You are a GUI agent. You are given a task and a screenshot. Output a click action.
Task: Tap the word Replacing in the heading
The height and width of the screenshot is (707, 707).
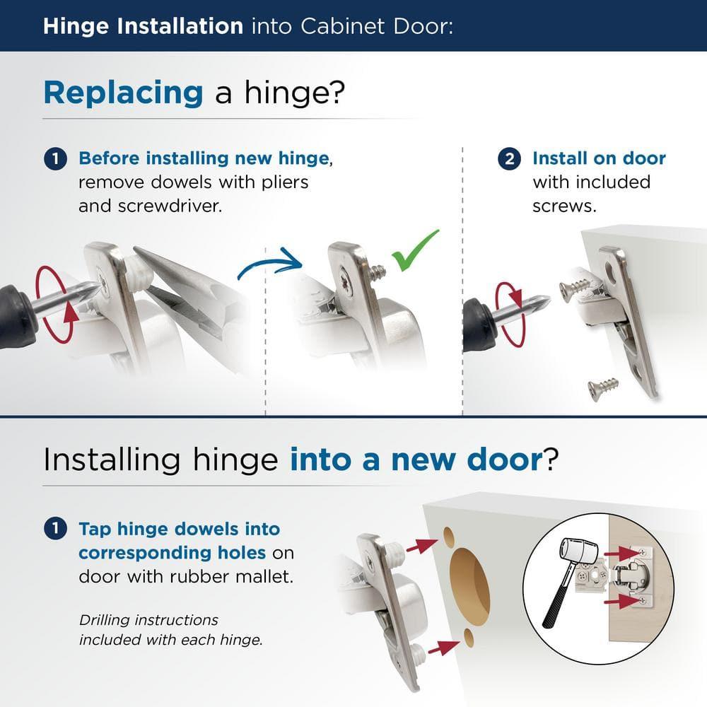(123, 93)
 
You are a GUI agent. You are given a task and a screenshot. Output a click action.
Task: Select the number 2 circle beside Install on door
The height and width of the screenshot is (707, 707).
(509, 158)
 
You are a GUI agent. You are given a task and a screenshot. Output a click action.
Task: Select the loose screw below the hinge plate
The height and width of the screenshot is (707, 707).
(603, 387)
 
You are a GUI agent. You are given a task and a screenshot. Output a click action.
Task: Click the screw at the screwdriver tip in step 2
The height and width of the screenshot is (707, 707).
(574, 289)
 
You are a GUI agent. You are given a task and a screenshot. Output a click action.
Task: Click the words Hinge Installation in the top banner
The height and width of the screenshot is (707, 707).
(142, 27)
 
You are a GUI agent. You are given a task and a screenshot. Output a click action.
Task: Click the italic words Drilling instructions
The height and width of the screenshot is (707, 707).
(148, 619)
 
